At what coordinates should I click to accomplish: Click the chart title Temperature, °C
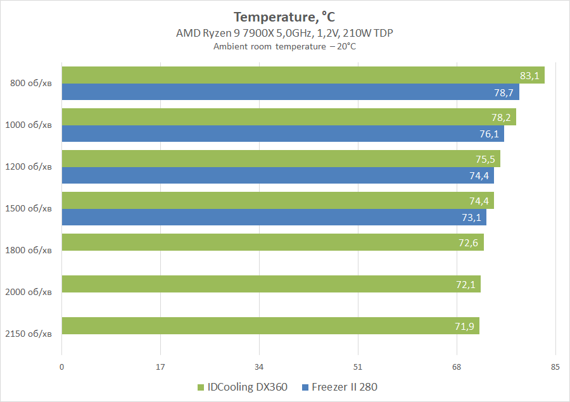pos(284,16)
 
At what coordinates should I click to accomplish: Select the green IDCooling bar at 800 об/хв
pos(303,75)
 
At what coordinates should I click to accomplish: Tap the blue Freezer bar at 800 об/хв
pos(290,92)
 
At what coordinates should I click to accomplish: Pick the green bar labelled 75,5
pos(281,159)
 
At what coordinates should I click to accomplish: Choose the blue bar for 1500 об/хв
pos(274,217)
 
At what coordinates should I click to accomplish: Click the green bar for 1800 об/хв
pos(272,242)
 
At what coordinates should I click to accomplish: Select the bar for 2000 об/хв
pos(270,284)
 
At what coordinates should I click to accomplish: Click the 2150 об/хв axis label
pos(28,334)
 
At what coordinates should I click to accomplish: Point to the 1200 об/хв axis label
pos(28,166)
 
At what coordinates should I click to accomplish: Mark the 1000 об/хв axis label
pos(28,125)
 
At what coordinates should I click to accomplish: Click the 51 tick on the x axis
pos(358,367)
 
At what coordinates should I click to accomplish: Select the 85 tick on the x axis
pos(555,367)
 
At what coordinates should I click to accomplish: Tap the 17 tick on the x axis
pos(160,367)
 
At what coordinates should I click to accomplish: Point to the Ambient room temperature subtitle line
pos(284,46)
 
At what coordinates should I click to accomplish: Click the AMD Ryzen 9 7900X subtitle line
pos(284,33)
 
